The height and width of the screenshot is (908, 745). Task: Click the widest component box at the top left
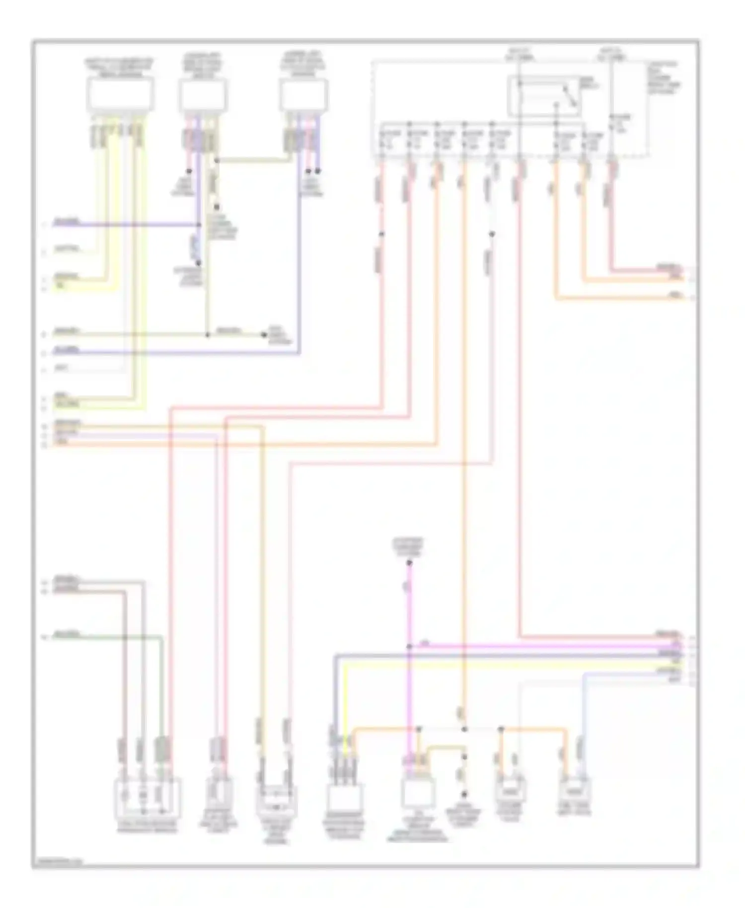point(120,95)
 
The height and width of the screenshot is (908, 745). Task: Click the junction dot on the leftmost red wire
point(381,233)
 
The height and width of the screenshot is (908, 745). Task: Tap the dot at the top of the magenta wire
point(409,563)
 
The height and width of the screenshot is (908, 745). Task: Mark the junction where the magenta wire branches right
point(409,646)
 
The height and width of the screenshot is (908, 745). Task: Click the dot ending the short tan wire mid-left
point(264,335)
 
